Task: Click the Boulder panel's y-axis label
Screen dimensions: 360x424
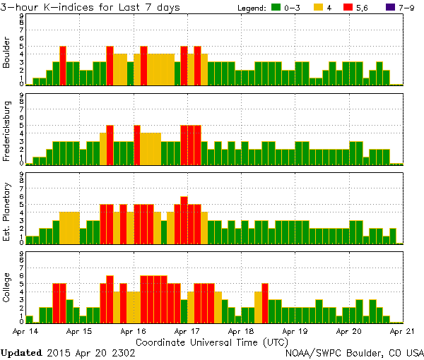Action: pyautogui.click(x=7, y=53)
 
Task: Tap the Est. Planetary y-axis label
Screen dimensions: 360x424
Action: pyautogui.click(x=7, y=212)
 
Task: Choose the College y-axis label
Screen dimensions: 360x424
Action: pyautogui.click(x=7, y=290)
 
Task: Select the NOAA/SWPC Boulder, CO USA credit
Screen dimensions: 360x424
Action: pyautogui.click(x=354, y=352)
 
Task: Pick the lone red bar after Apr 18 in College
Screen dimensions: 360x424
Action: pyautogui.click(x=265, y=302)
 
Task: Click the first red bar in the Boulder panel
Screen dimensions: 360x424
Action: pyautogui.click(x=63, y=65)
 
